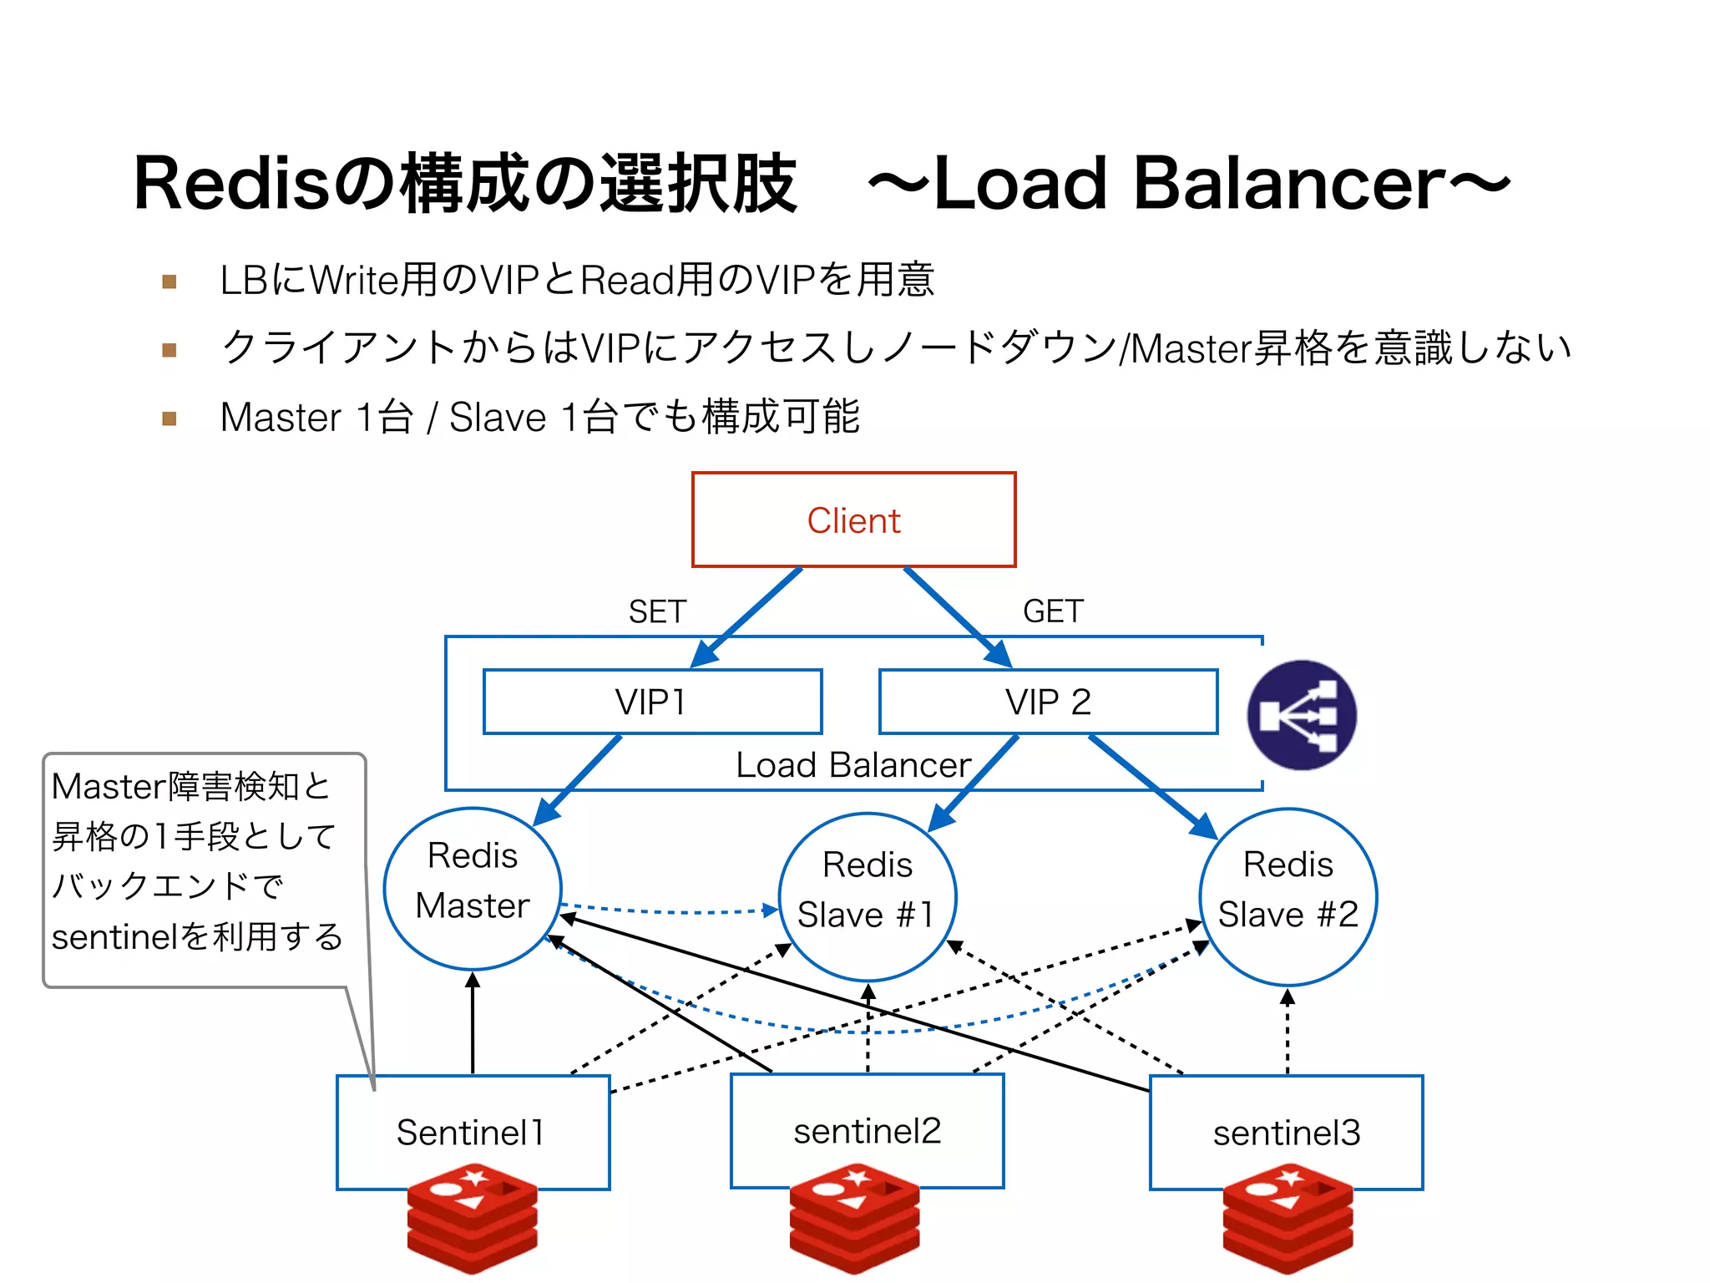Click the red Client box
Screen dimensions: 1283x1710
tap(853, 520)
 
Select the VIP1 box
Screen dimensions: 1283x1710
tap(652, 702)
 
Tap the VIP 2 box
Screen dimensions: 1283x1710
tap(1048, 702)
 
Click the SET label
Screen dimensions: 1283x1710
tap(657, 611)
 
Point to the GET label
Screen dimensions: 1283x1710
tap(1053, 611)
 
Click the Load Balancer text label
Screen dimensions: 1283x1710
tap(852, 765)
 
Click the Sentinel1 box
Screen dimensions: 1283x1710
tap(473, 1132)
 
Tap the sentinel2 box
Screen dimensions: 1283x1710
tap(867, 1130)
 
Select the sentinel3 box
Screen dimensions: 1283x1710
tap(1286, 1132)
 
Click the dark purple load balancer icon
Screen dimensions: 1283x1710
tap(1301, 715)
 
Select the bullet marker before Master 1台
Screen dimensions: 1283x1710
tap(169, 418)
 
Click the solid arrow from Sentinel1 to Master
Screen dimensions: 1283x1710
tap(473, 1023)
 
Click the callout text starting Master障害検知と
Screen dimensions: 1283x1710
tap(196, 860)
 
